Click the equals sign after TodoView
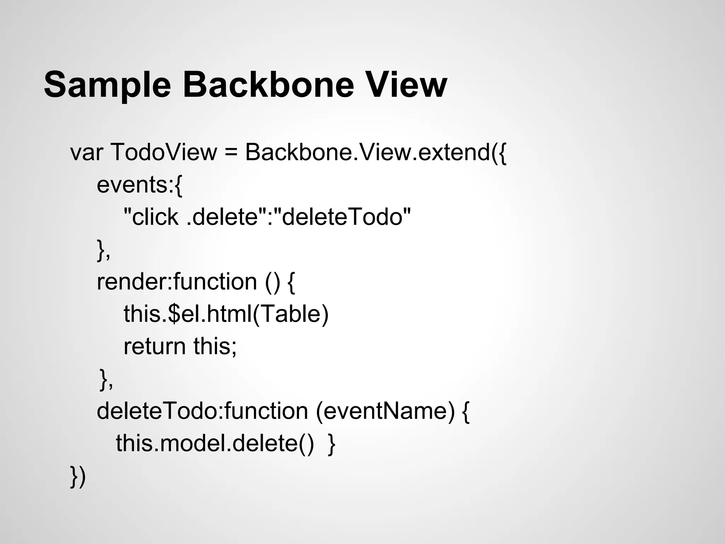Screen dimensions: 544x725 click(230, 153)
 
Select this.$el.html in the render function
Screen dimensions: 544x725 click(188, 314)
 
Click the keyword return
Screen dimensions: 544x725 click(154, 346)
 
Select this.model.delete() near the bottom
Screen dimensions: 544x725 click(215, 443)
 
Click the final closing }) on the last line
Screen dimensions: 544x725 click(78, 476)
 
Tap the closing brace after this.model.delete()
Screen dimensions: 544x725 click(331, 444)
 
